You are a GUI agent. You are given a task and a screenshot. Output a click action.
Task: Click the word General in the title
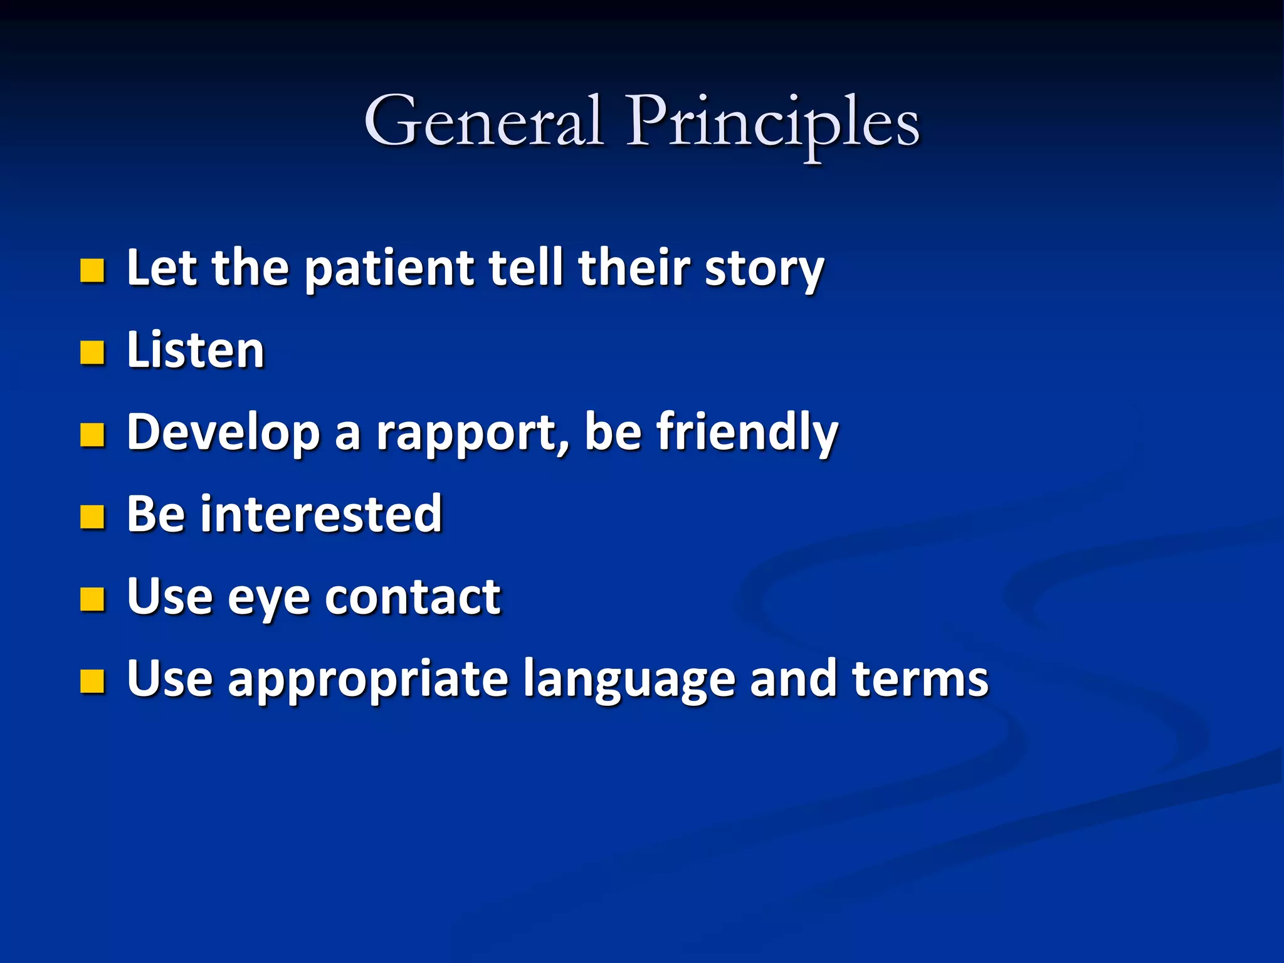(x=483, y=121)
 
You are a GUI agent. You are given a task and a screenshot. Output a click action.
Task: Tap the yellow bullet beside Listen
(x=92, y=353)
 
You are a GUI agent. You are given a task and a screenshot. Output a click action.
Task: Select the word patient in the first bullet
(x=389, y=270)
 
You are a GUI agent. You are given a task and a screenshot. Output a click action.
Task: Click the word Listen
(x=196, y=350)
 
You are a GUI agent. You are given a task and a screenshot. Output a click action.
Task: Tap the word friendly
(x=747, y=433)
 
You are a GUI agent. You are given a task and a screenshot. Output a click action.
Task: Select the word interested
(x=321, y=515)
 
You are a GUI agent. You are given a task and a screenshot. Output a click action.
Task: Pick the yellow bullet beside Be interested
(x=92, y=517)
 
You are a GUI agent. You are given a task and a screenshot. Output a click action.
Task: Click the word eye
(x=268, y=598)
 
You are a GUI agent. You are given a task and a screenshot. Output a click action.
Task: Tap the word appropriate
(x=368, y=680)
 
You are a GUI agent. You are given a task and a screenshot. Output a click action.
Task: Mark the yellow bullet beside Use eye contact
(x=92, y=599)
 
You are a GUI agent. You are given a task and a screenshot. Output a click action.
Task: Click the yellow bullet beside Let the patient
(x=92, y=271)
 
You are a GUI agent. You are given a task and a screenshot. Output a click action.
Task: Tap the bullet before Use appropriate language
(x=92, y=681)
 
